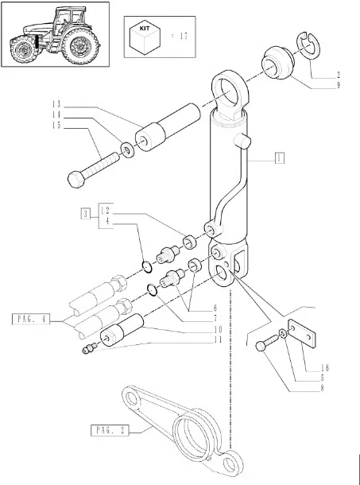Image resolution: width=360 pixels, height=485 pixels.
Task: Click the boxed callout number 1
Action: (279, 158)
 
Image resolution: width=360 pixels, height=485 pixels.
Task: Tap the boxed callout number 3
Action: (86, 214)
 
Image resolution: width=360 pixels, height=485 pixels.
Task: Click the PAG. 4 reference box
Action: (31, 319)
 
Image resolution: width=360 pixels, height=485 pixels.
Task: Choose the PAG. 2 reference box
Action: (110, 430)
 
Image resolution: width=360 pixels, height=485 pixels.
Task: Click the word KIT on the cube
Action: (145, 28)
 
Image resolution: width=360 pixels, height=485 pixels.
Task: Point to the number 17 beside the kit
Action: (184, 36)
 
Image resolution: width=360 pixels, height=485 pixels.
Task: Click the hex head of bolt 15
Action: (75, 180)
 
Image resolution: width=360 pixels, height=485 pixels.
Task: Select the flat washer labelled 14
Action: (127, 150)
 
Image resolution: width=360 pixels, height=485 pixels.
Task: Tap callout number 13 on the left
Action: (56, 104)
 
